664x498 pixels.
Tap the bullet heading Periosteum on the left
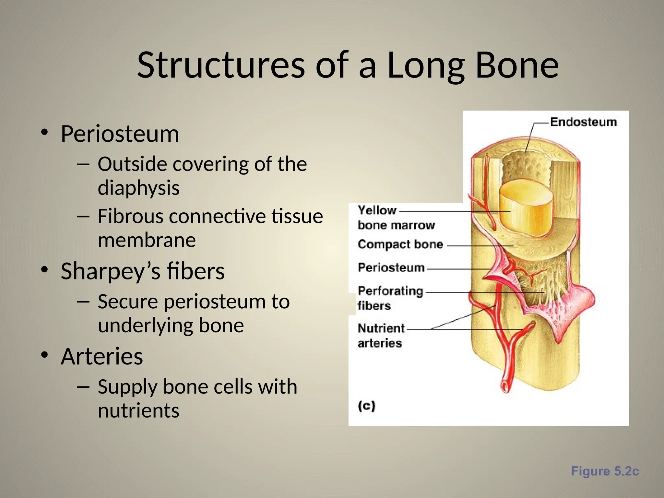click(120, 134)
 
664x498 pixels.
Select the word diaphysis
click(138, 188)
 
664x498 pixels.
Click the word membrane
click(147, 240)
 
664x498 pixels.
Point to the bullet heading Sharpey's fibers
click(142, 271)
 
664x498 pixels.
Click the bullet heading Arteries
click(102, 356)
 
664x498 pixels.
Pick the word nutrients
click(138, 410)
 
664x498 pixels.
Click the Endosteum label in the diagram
click(583, 122)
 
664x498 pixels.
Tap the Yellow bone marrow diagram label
click(396, 218)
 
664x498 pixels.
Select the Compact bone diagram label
click(400, 244)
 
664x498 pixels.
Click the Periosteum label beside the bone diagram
click(391, 268)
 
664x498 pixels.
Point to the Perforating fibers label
click(390, 298)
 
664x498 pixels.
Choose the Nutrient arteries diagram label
click(381, 336)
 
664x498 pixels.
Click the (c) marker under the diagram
click(366, 406)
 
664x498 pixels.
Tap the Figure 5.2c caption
click(604, 471)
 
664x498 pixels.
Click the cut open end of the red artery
click(505, 386)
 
